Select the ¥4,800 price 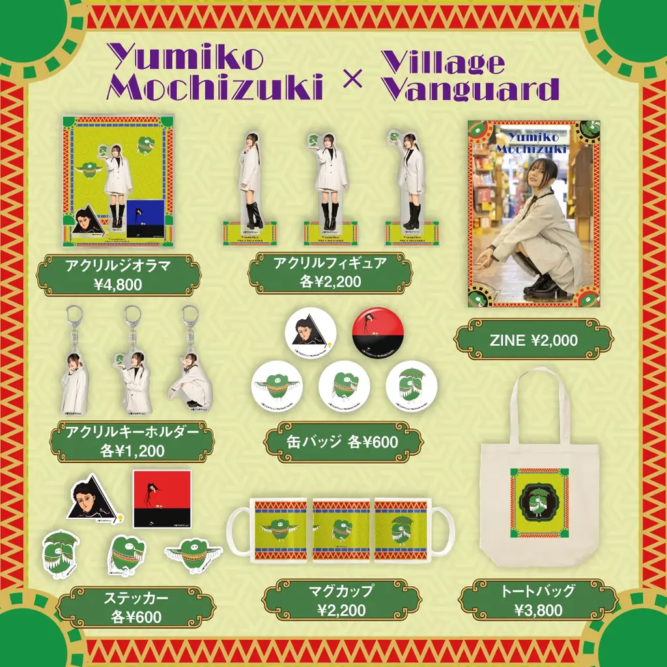click(118, 284)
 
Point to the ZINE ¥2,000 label click(533, 339)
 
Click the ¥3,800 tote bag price click(537, 610)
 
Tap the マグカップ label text click(342, 591)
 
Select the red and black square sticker click(162, 499)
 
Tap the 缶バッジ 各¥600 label click(343, 442)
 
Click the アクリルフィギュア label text click(330, 264)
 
